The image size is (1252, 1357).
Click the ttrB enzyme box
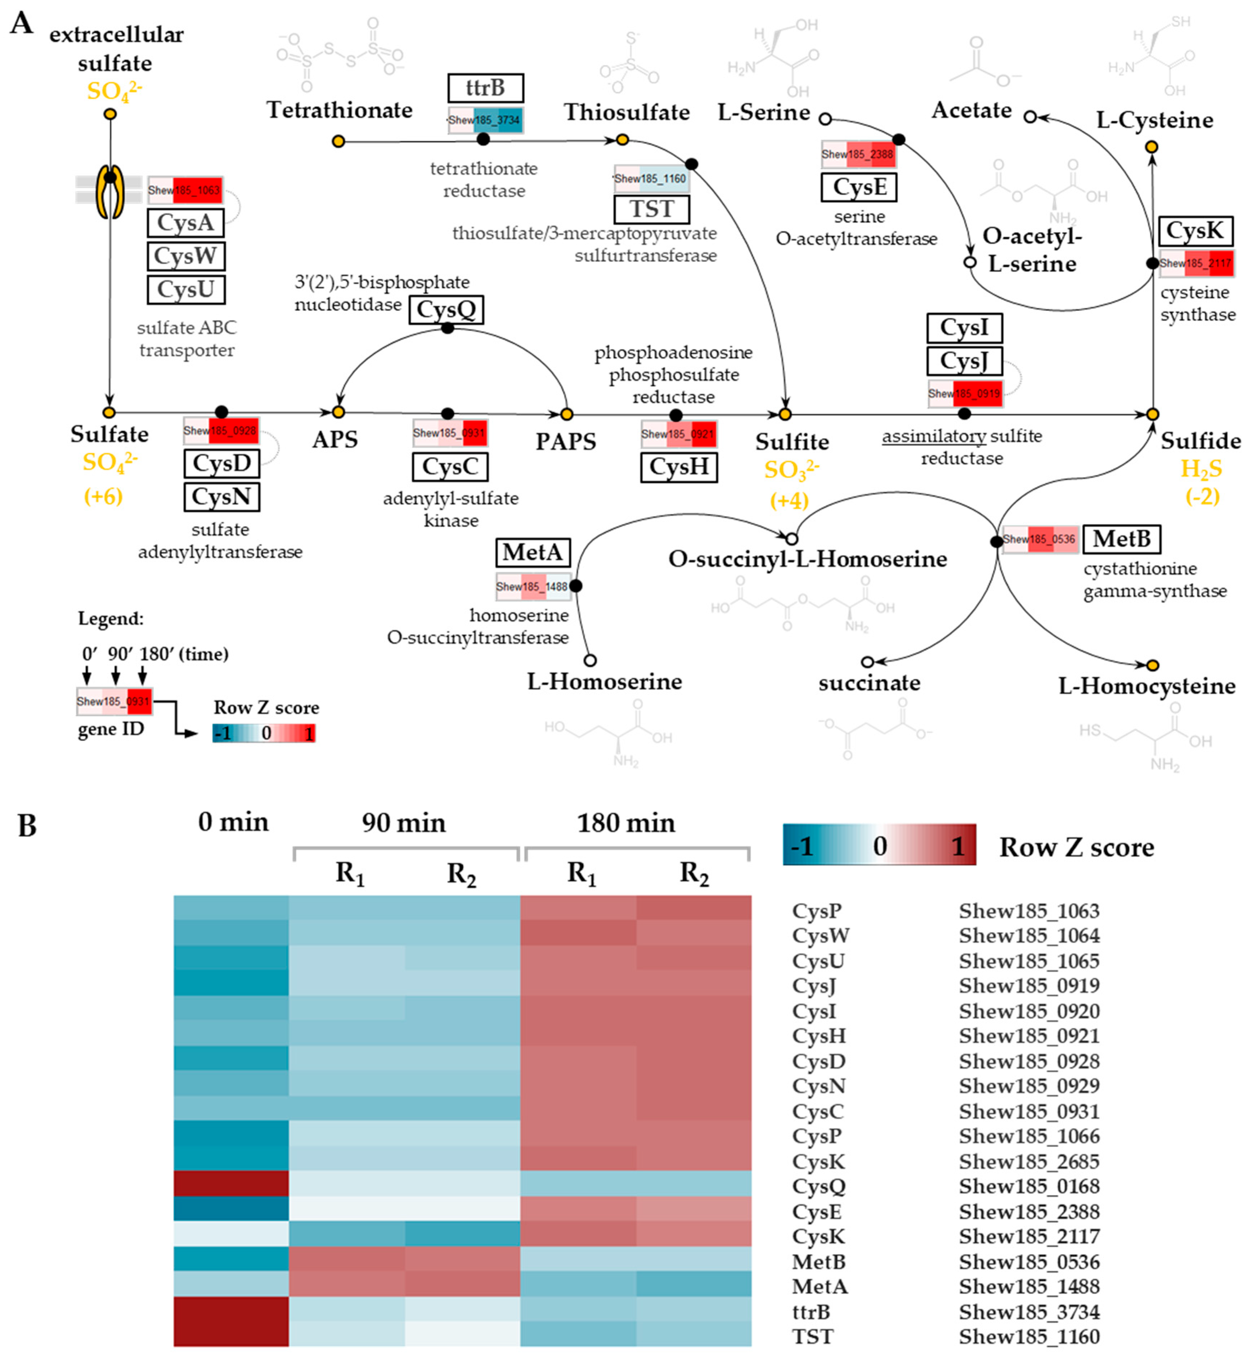485,88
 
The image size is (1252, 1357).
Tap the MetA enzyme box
533,552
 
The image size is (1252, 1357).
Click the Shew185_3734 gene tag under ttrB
485,120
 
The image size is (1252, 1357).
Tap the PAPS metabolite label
566,442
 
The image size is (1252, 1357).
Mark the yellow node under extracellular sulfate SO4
110,114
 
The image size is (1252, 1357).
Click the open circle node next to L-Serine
825,119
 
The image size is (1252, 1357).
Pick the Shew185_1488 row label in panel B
1028,1286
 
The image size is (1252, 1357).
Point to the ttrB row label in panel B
811,1312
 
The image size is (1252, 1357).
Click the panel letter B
27,826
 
